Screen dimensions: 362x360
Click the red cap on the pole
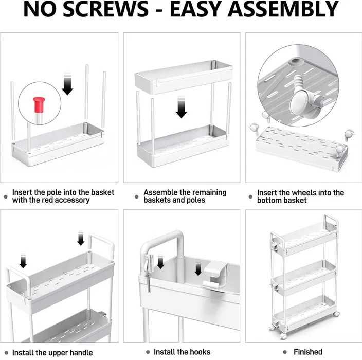click(x=39, y=105)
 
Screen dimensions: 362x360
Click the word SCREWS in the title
click(x=106, y=9)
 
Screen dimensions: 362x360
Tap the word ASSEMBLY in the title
click(x=283, y=9)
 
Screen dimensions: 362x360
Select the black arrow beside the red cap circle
click(x=67, y=84)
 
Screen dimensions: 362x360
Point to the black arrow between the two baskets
click(x=182, y=107)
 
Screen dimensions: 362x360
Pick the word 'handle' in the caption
click(x=81, y=353)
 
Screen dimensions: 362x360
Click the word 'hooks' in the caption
click(x=200, y=352)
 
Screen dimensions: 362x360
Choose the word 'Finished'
click(x=308, y=352)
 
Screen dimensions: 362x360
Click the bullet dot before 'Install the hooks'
click(x=148, y=352)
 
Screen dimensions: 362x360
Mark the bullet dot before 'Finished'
click(x=285, y=352)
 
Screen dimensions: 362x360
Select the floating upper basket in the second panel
click(x=184, y=77)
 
